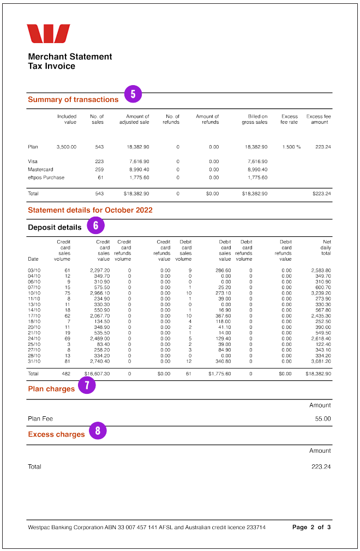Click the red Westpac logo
(49, 34)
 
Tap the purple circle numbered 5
(133, 94)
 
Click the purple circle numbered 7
(87, 386)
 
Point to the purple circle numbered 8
(98, 431)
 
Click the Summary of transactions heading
(73, 100)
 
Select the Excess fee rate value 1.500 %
(292, 147)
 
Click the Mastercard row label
(40, 170)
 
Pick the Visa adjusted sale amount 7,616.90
(139, 161)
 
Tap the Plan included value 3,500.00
(67, 147)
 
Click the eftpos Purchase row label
(46, 177)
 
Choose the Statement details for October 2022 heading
(90, 210)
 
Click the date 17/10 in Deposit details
(34, 316)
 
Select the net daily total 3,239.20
(321, 293)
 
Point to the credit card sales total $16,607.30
(97, 374)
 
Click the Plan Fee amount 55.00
(323, 419)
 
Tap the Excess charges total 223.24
(322, 467)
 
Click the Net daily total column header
(326, 247)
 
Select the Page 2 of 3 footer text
(311, 528)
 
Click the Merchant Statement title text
(70, 57)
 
